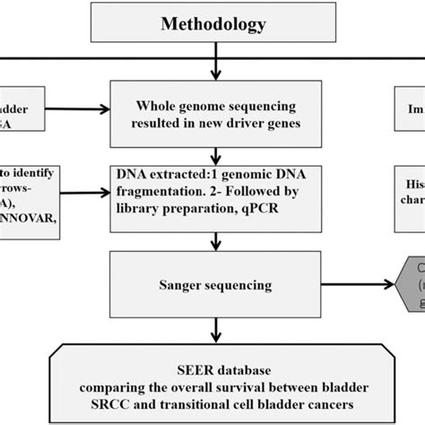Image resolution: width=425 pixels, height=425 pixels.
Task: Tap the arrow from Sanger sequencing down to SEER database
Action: pyautogui.click(x=212, y=318)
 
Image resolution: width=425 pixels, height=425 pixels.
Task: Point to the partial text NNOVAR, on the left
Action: pyautogui.click(x=31, y=210)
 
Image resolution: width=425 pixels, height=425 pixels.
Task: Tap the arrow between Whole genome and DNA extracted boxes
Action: pyautogui.click(x=212, y=154)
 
